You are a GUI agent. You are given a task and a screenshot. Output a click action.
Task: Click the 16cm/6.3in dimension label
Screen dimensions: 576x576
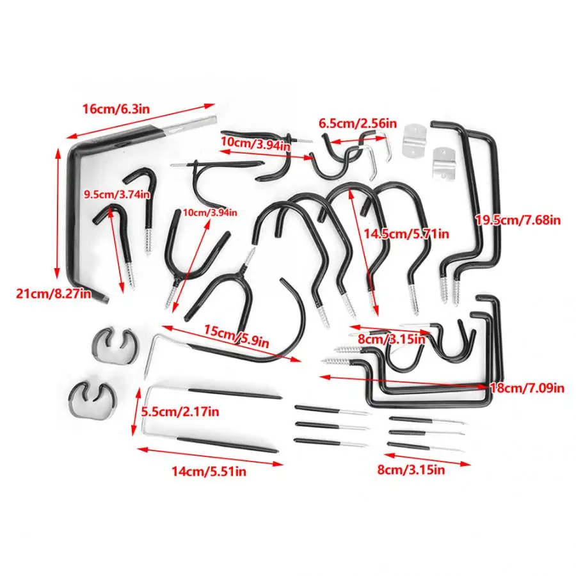coord(116,109)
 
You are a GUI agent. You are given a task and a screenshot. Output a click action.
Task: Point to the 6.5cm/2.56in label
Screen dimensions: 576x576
coord(358,123)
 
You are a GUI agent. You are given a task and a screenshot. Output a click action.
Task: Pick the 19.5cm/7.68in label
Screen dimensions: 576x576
coord(518,220)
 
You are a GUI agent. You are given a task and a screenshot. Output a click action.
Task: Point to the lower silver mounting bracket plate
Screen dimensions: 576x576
coord(441,163)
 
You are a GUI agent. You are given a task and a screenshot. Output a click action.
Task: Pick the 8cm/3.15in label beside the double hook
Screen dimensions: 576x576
coord(391,339)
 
